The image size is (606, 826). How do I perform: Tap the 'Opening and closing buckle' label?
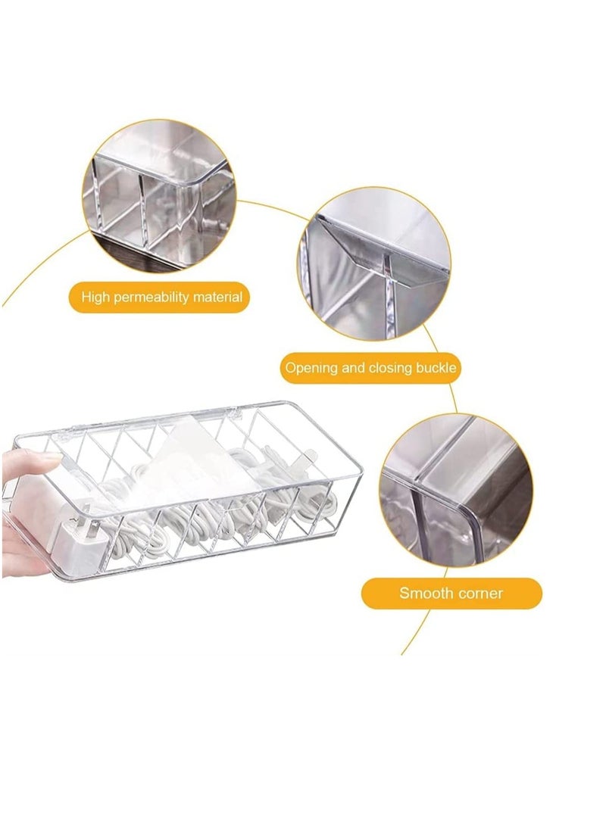coord(370,369)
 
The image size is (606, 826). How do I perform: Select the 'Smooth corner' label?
coord(451,593)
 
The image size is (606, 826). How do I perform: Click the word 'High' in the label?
coord(96,298)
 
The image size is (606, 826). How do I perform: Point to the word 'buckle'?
coord(436,369)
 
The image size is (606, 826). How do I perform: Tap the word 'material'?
coord(217,298)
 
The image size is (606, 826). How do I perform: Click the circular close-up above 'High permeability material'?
coord(159,195)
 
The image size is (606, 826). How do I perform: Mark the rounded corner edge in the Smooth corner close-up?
coord(473,522)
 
